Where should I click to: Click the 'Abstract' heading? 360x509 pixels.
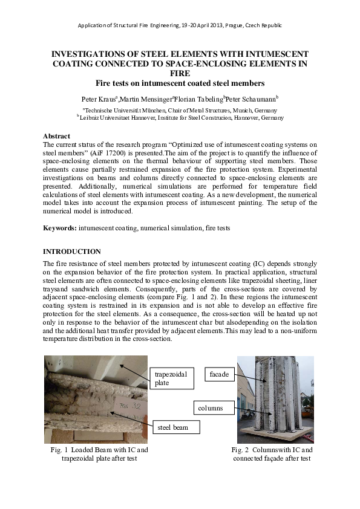(57, 137)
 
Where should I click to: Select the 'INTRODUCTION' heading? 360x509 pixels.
(72, 251)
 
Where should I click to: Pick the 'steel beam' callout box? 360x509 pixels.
(174, 427)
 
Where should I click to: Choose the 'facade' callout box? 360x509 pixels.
(219, 374)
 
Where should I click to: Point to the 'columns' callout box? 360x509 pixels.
(211, 408)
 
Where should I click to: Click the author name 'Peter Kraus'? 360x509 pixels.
(100, 99)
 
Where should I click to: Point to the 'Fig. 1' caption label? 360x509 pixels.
(59, 450)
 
